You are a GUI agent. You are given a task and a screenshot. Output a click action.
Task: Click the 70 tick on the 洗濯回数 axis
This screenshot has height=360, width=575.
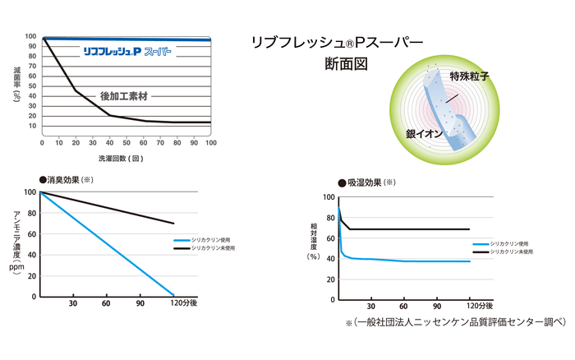[x=160, y=142]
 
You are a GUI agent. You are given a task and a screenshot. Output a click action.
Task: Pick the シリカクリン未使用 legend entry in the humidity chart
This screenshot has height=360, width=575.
[x=512, y=252]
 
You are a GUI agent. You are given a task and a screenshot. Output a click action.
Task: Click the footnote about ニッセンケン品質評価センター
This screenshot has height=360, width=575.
[x=456, y=323]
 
